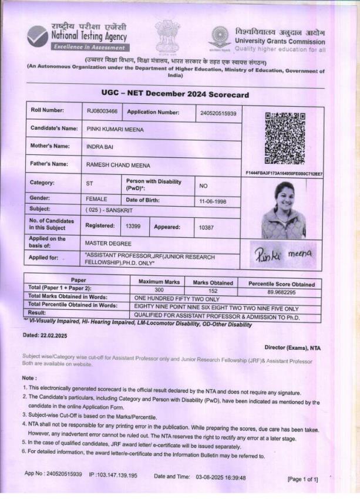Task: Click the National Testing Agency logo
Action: click(x=38, y=36)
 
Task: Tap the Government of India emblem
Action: click(x=167, y=36)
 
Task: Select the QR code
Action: click(x=284, y=138)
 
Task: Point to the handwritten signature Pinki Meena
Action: click(x=284, y=254)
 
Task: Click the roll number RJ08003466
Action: click(x=102, y=112)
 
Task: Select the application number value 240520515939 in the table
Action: click(x=218, y=113)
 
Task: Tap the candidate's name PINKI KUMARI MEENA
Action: click(x=115, y=129)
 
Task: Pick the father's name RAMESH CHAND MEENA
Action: click(x=118, y=166)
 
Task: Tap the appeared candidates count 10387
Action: click(x=208, y=227)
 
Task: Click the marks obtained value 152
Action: click(x=213, y=291)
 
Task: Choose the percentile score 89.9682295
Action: click(x=281, y=292)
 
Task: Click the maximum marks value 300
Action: click(x=159, y=290)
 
